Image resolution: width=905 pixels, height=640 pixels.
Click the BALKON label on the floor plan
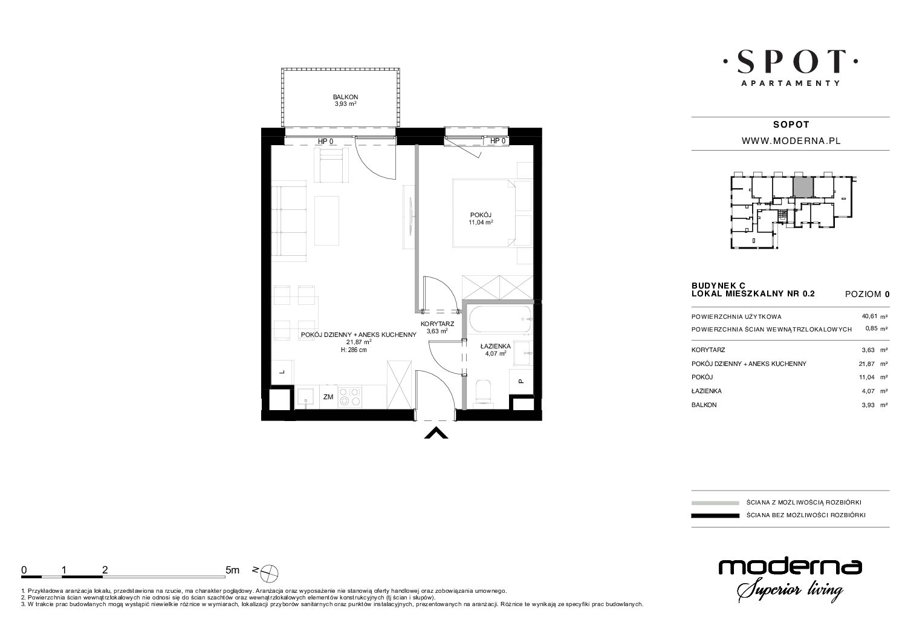click(345, 97)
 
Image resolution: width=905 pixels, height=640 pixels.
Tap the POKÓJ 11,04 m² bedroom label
click(481, 219)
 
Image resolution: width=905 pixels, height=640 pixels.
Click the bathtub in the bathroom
click(500, 320)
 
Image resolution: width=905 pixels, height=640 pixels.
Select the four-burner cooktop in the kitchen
click(349, 397)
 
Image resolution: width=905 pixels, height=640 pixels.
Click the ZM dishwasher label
click(328, 397)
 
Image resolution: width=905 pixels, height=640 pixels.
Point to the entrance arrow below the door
click(436, 433)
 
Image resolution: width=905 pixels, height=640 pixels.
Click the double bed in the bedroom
click(484, 213)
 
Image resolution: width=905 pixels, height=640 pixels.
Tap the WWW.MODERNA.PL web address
click(791, 141)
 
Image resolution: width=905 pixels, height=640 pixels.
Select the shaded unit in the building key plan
click(803, 187)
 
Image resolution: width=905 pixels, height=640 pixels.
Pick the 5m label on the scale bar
click(232, 570)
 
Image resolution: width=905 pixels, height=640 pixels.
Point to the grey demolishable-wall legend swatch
click(715, 503)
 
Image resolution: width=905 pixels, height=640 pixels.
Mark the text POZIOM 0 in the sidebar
click(868, 294)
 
